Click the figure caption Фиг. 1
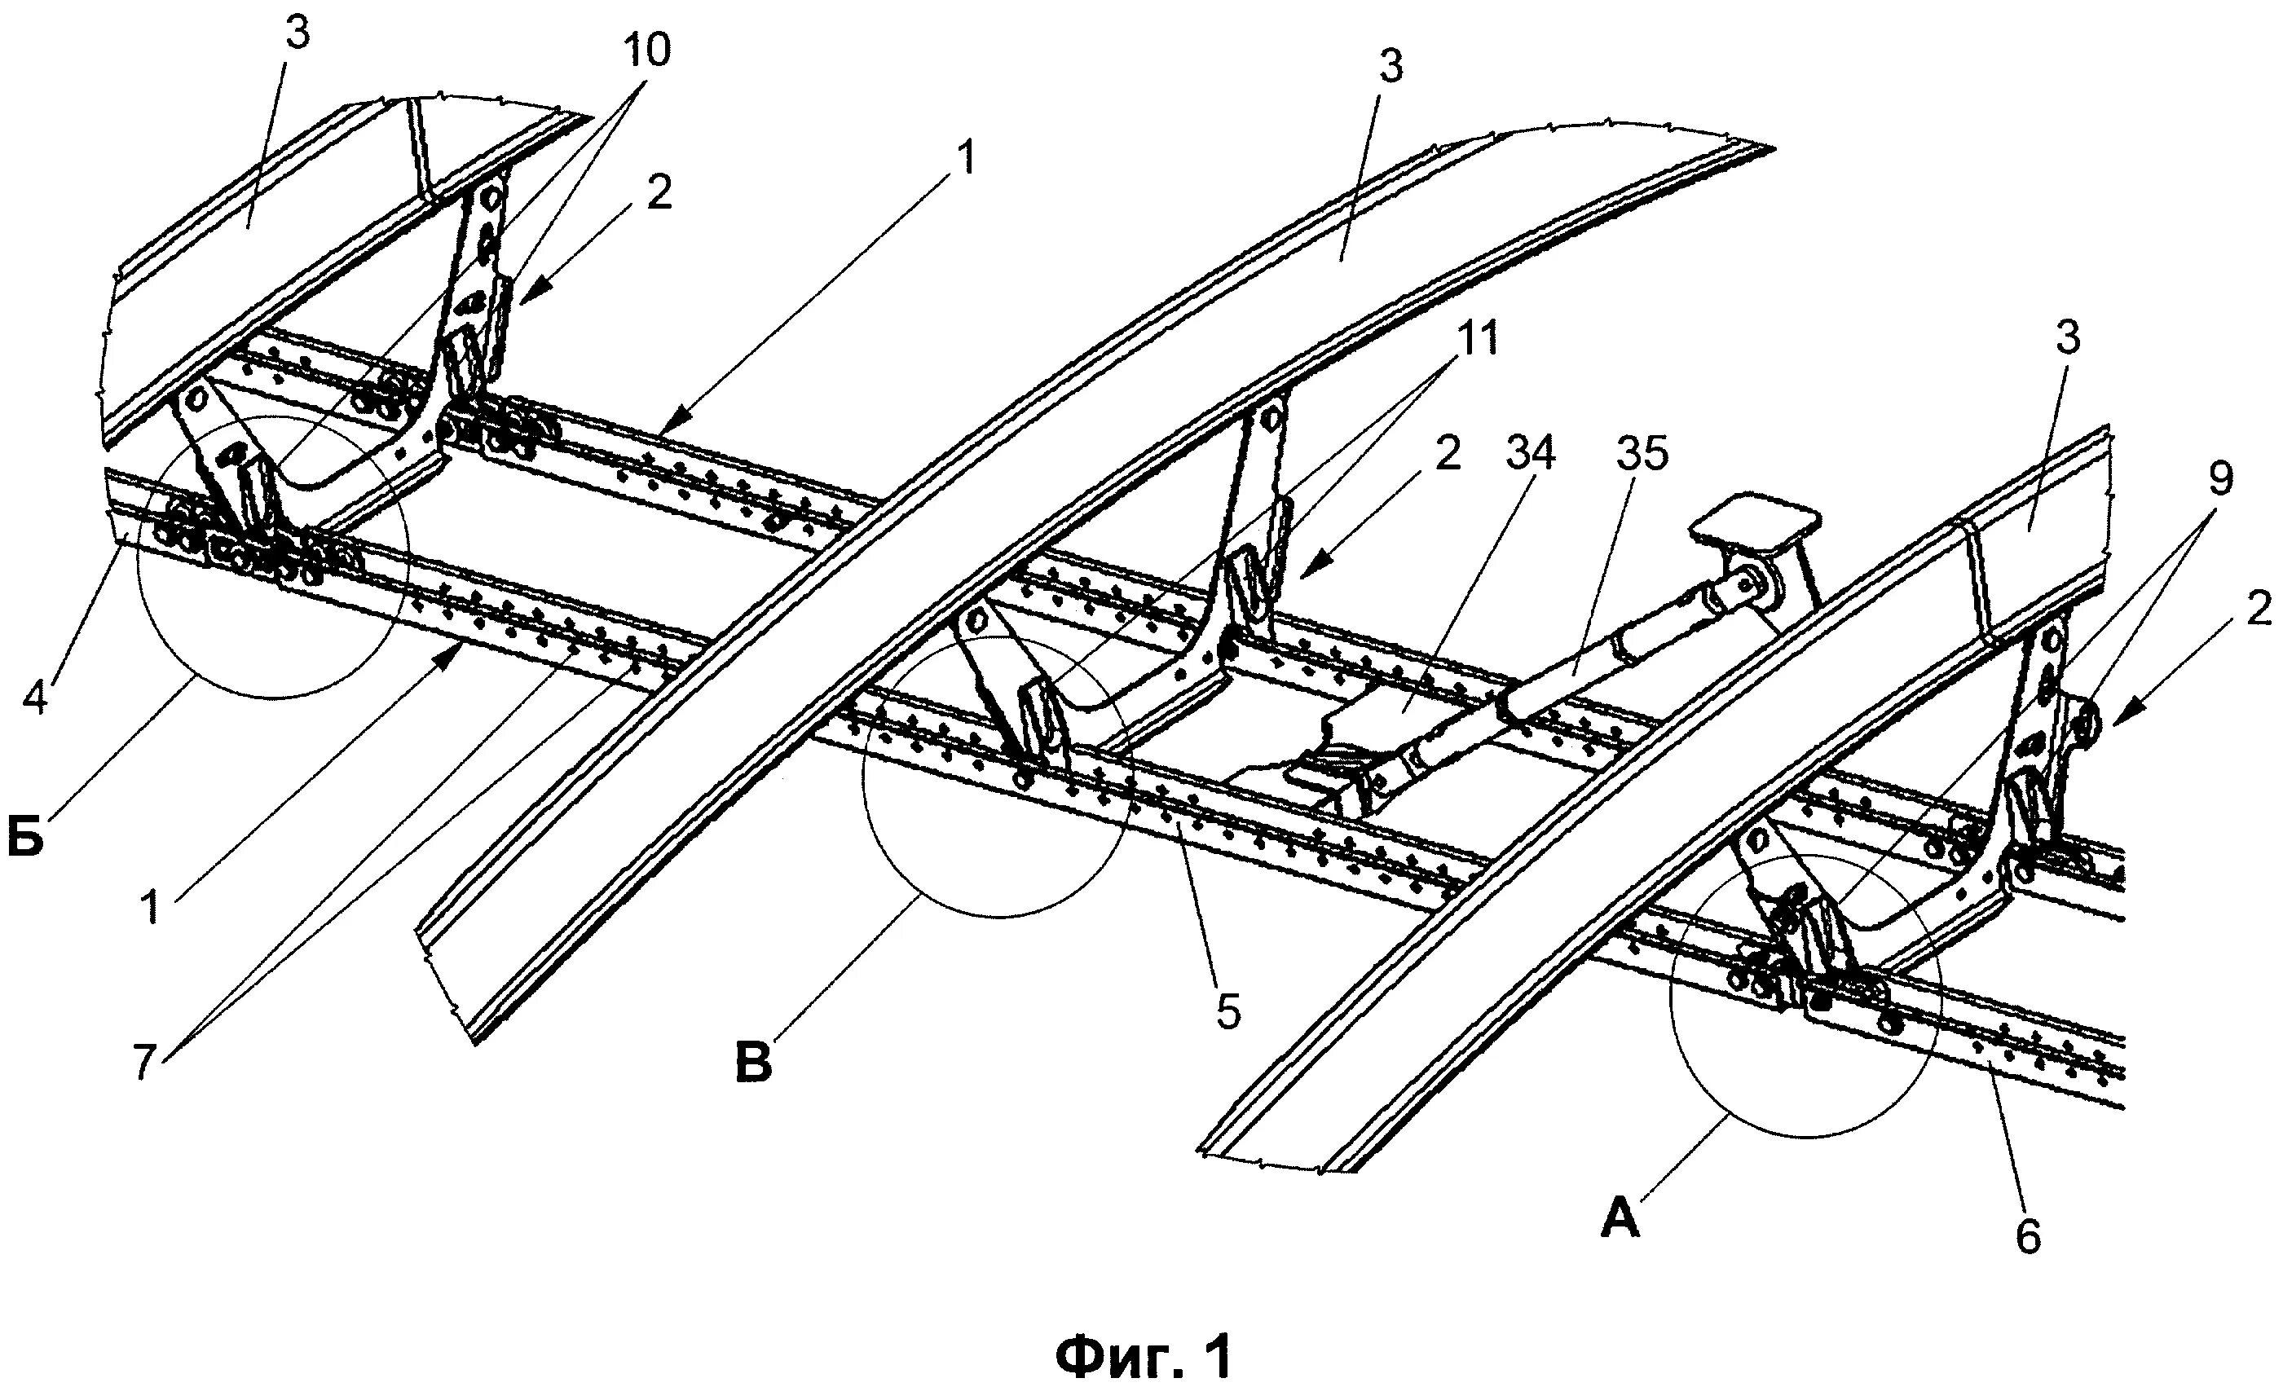(x=1144, y=1332)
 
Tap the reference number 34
(x=1529, y=453)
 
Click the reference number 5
(x=1227, y=1013)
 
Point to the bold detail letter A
(x=1619, y=1220)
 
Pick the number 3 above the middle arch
(x=1390, y=66)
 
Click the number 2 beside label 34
(x=1450, y=453)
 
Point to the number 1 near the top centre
(x=967, y=160)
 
